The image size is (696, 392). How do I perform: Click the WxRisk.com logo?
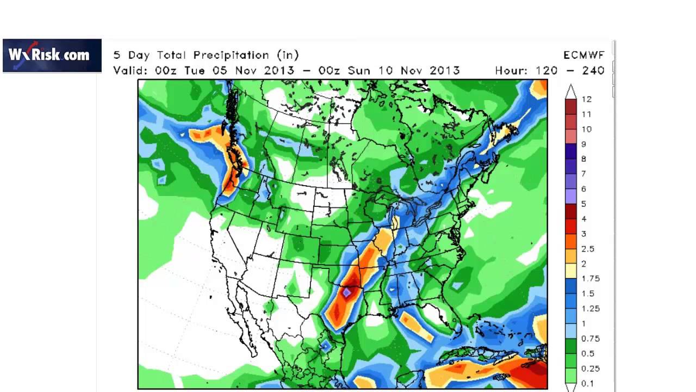click(52, 55)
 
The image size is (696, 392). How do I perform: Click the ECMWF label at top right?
click(584, 55)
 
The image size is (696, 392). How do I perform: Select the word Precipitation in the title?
click(232, 55)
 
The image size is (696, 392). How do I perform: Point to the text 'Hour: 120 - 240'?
click(549, 71)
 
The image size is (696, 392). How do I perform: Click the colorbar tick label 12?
click(586, 99)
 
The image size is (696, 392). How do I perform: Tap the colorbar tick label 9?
click(584, 144)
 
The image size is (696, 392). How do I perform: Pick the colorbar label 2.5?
click(588, 249)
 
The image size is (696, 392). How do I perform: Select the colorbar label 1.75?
click(590, 278)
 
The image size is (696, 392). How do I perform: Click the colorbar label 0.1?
click(588, 383)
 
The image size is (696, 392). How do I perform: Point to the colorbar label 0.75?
click(590, 338)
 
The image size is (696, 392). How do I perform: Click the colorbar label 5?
click(584, 204)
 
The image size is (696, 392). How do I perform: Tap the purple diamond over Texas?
click(347, 293)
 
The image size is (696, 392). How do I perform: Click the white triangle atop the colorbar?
click(570, 90)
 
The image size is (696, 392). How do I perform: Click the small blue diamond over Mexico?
click(325, 345)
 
